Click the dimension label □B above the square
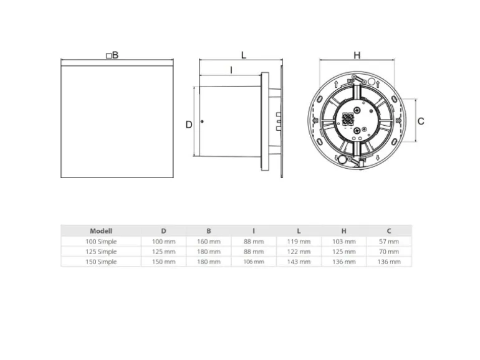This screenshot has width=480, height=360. (x=112, y=55)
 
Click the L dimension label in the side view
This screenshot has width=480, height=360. (x=244, y=55)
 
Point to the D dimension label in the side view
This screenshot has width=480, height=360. (x=189, y=125)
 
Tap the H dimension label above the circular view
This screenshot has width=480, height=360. (x=357, y=55)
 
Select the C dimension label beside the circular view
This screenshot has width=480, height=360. (x=421, y=121)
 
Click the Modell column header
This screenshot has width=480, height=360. (x=101, y=230)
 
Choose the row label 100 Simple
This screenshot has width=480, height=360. (x=101, y=241)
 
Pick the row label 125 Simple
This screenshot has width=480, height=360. (x=101, y=252)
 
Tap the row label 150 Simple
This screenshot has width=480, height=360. (x=101, y=262)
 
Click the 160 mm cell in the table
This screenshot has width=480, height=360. (x=209, y=241)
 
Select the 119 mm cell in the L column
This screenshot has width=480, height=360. (x=299, y=241)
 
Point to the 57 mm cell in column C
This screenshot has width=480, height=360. (x=390, y=241)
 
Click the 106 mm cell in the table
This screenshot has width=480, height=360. (x=254, y=262)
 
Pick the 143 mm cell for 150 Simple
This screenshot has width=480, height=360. (x=299, y=262)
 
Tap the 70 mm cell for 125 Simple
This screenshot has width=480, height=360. (x=390, y=252)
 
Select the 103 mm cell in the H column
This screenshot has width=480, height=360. (x=344, y=241)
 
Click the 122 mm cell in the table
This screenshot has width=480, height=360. (x=299, y=252)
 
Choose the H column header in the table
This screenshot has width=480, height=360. (x=344, y=230)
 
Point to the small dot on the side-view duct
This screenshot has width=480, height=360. (x=202, y=121)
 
